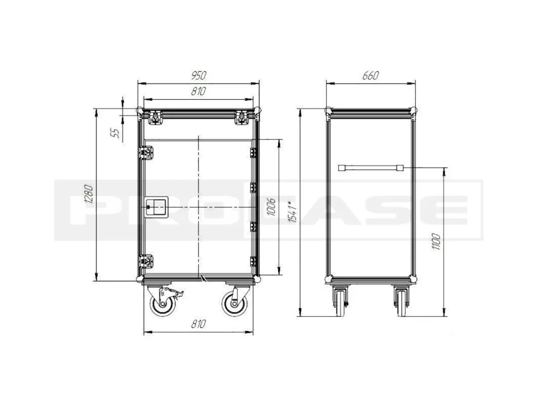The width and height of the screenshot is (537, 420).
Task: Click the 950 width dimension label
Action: pos(199,76)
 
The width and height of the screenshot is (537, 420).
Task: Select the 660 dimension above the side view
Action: pos(370,76)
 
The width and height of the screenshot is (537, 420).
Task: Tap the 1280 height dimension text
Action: pos(89,194)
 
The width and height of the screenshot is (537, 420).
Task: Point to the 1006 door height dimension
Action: pos(271,207)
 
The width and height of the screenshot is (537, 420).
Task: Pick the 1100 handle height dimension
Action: pos(436,241)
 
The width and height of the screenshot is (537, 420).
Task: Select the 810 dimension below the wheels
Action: pos(199,324)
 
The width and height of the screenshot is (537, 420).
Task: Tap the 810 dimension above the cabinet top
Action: pos(199,91)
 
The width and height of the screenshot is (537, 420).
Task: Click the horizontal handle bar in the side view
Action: pos(370,168)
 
